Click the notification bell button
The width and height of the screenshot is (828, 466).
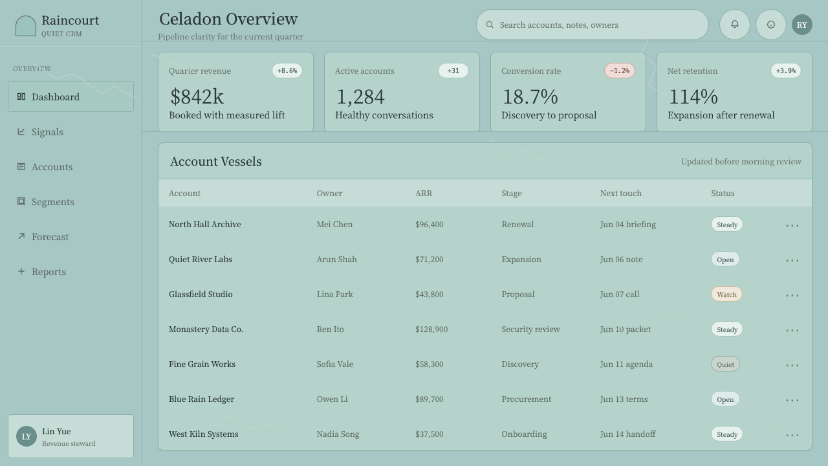pos(734,25)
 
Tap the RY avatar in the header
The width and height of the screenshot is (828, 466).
pos(801,25)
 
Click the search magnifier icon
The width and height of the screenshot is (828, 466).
pos(490,25)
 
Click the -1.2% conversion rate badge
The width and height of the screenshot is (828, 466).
pos(620,71)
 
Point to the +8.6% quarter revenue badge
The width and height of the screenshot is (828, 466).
pos(287,71)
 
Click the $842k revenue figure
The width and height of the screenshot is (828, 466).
pos(197,97)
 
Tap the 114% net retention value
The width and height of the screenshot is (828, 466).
pos(693,97)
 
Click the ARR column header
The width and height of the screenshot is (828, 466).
pos(424,193)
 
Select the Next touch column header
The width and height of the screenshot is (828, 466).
pos(620,193)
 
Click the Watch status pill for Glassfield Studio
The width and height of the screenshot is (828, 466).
pos(726,294)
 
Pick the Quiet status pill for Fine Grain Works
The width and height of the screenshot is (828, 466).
pos(725,364)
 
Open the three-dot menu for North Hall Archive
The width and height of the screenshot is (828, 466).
pos(792,225)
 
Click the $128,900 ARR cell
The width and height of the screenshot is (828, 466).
pos(431,329)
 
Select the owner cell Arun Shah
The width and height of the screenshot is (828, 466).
pos(337,260)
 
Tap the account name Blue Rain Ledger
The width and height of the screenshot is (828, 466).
pos(201,399)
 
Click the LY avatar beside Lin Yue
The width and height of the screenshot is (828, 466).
pos(27,436)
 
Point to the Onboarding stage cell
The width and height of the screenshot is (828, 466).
pos(524,434)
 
